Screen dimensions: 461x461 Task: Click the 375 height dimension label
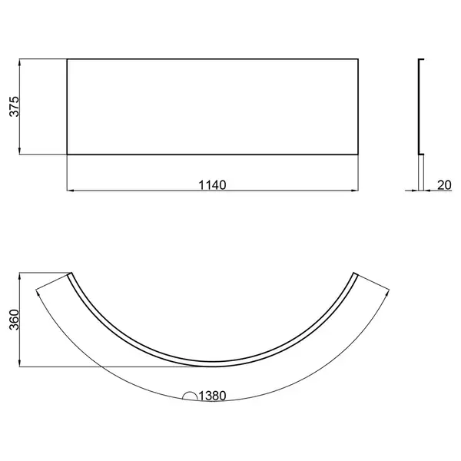(x=14, y=107)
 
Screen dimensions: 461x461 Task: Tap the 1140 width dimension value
(x=212, y=185)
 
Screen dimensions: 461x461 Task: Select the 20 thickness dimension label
(x=444, y=185)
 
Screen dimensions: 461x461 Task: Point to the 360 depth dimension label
(x=14, y=320)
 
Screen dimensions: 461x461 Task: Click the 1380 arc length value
(x=212, y=396)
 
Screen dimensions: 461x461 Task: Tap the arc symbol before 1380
(x=190, y=396)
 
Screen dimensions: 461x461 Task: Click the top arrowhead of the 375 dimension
(x=20, y=62)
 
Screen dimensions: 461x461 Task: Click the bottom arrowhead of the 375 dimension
(x=20, y=151)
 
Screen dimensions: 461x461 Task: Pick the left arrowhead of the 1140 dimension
(x=71, y=191)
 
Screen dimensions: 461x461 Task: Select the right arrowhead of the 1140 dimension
(x=354, y=191)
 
